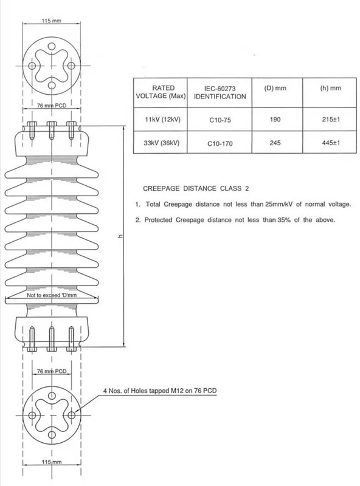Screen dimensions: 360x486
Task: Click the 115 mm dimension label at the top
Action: click(52, 21)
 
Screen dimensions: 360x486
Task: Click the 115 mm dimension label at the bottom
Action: click(52, 462)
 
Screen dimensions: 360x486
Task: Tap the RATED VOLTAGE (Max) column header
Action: click(161, 92)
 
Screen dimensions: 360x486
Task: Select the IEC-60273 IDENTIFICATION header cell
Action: click(220, 92)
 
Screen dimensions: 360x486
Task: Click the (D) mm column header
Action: click(275, 88)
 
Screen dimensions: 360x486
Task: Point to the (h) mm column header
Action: click(331, 88)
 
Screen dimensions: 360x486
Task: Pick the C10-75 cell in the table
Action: click(220, 120)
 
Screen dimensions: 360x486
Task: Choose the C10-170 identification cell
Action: click(220, 143)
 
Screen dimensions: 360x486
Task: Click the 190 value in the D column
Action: click(275, 119)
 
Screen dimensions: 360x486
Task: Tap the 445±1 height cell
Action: click(331, 143)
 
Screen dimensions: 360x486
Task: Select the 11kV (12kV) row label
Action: click(162, 119)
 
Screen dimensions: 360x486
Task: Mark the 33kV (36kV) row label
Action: click(161, 143)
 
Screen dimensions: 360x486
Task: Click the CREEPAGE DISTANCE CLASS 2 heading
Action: click(196, 188)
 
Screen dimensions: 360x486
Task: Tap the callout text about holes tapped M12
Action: click(160, 391)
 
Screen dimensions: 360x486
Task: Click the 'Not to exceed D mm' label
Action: click(52, 295)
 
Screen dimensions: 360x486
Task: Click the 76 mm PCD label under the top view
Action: click(52, 105)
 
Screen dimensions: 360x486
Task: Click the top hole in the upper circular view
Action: click(52, 47)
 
